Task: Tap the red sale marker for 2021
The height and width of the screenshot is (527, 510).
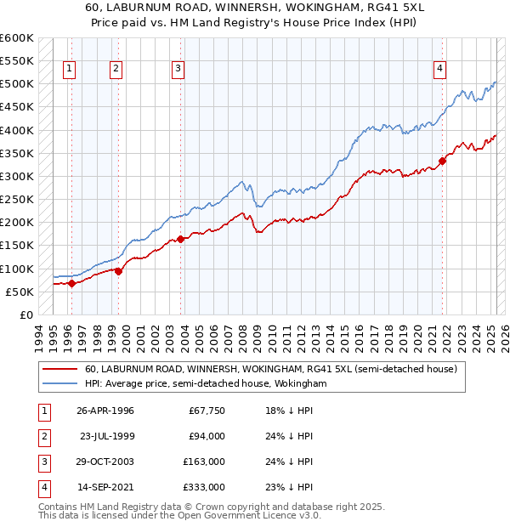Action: coord(443,161)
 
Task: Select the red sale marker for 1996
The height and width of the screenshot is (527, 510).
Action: coord(71,284)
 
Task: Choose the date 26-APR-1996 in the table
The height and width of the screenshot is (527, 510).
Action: coord(105,411)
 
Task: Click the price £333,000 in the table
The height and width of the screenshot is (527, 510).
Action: coord(206,487)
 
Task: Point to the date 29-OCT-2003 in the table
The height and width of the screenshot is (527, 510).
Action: coord(105,462)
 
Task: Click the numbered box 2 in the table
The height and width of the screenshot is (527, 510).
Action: coord(43,436)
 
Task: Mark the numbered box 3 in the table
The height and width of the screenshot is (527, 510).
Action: coord(43,462)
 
